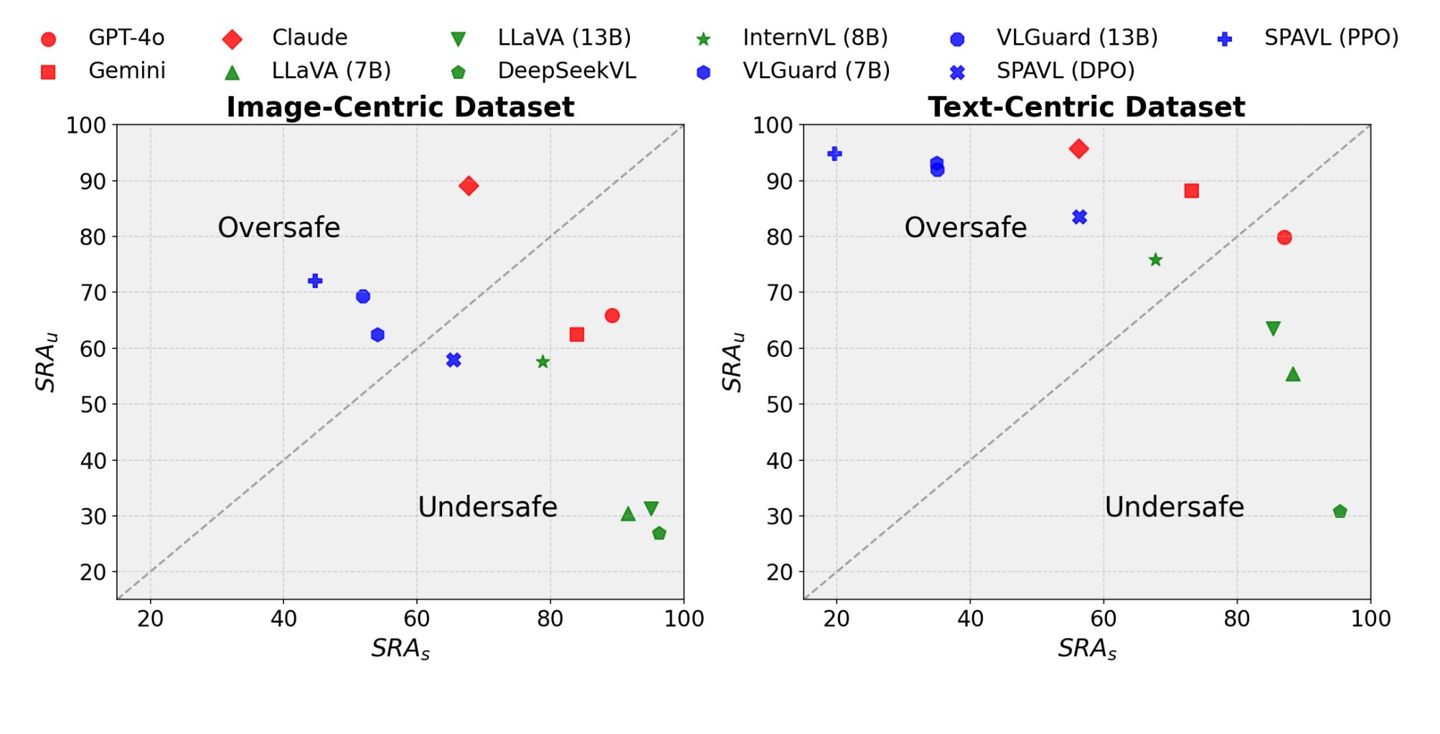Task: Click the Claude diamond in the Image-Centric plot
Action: tap(469, 186)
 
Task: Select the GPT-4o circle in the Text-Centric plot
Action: tap(1284, 237)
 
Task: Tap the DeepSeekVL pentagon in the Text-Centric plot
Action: tap(1340, 511)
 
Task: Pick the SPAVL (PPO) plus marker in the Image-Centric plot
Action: tap(315, 281)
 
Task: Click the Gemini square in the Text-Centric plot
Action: tap(1192, 191)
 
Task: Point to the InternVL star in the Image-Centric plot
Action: tap(543, 361)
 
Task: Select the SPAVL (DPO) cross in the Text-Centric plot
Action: tap(1080, 217)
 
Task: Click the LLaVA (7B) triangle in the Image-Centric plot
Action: tap(628, 514)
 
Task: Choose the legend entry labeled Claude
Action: tap(309, 37)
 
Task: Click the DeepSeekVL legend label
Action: tap(567, 70)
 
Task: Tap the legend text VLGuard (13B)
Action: tap(1077, 37)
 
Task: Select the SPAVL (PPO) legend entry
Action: tap(1331, 37)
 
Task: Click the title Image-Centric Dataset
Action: tap(400, 107)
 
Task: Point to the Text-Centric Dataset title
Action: tap(1086, 107)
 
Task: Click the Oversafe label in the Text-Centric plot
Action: tap(966, 228)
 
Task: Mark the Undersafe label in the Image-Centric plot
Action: tap(488, 507)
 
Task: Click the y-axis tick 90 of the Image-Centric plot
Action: tap(93, 182)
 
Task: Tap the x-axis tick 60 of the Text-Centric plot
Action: tap(1103, 619)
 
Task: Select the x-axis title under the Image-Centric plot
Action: tap(400, 649)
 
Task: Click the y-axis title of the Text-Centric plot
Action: tap(733, 362)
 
